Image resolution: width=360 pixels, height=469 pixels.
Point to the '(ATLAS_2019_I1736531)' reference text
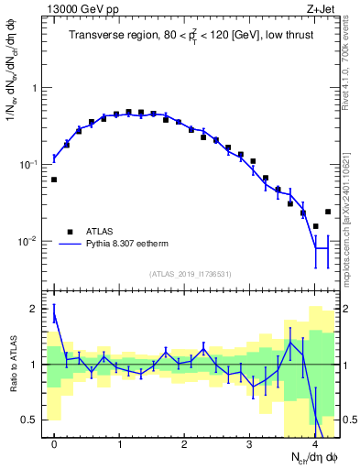(189, 274)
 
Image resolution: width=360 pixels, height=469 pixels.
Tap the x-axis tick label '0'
(54, 445)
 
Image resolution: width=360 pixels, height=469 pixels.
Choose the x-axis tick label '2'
(184, 445)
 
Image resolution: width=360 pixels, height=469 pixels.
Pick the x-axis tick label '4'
(314, 445)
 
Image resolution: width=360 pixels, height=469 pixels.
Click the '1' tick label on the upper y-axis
(34, 88)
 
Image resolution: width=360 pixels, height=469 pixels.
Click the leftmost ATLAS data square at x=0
(54, 180)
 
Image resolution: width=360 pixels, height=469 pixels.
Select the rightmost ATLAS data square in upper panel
(327, 212)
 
